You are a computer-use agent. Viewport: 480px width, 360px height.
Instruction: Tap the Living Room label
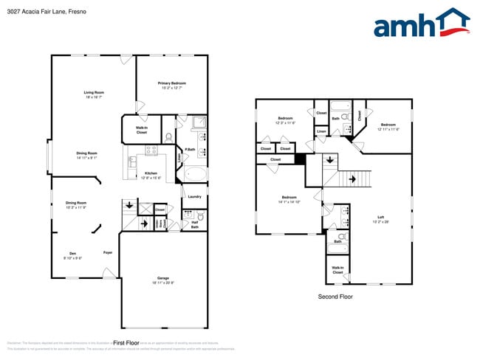[93, 94]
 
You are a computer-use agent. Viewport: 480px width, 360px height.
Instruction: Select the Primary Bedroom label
[171, 86]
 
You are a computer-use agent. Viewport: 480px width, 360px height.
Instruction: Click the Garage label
[163, 280]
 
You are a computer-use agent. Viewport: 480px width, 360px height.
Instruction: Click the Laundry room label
[195, 196]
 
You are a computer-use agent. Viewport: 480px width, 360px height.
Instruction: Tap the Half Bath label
[195, 225]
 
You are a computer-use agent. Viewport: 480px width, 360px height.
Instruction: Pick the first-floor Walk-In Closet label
[141, 130]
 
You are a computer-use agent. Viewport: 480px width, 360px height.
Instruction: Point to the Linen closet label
[321, 131]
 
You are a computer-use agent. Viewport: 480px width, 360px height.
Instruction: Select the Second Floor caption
[335, 297]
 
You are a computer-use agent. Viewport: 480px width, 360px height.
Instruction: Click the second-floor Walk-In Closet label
[337, 270]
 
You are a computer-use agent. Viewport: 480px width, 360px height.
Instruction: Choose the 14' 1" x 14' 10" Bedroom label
[289, 199]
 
